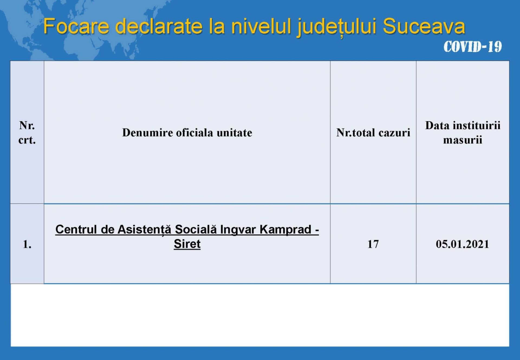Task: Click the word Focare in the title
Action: [x=76, y=26]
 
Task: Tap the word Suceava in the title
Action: [x=424, y=26]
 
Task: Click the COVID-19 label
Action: [x=473, y=47]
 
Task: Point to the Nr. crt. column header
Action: [x=27, y=133]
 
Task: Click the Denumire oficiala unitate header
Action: [x=187, y=133]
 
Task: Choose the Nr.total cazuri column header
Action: [x=373, y=133]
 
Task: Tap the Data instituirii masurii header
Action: [x=463, y=133]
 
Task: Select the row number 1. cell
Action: [x=27, y=244]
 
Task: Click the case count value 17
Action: [x=373, y=244]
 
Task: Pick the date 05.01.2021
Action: [x=463, y=244]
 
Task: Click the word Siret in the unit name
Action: [x=187, y=244]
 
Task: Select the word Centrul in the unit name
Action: [x=76, y=229]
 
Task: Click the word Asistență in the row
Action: [x=144, y=230]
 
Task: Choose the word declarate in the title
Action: [x=159, y=26]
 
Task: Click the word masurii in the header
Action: [x=463, y=140]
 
